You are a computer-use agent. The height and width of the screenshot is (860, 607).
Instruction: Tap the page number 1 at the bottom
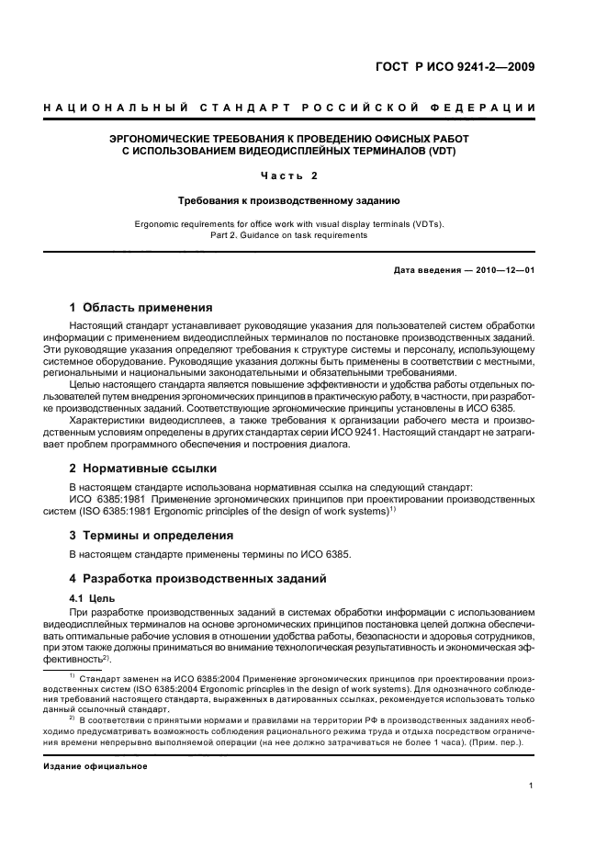point(532,786)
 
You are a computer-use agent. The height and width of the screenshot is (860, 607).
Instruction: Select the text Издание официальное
point(96,765)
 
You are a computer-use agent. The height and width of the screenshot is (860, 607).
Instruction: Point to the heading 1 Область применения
point(141,308)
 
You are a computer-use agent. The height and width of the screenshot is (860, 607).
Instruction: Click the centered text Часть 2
point(302,175)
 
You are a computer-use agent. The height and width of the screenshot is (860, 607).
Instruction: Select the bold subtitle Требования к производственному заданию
point(302,199)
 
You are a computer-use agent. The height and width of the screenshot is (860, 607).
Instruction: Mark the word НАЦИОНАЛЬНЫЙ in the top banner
point(117,108)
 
